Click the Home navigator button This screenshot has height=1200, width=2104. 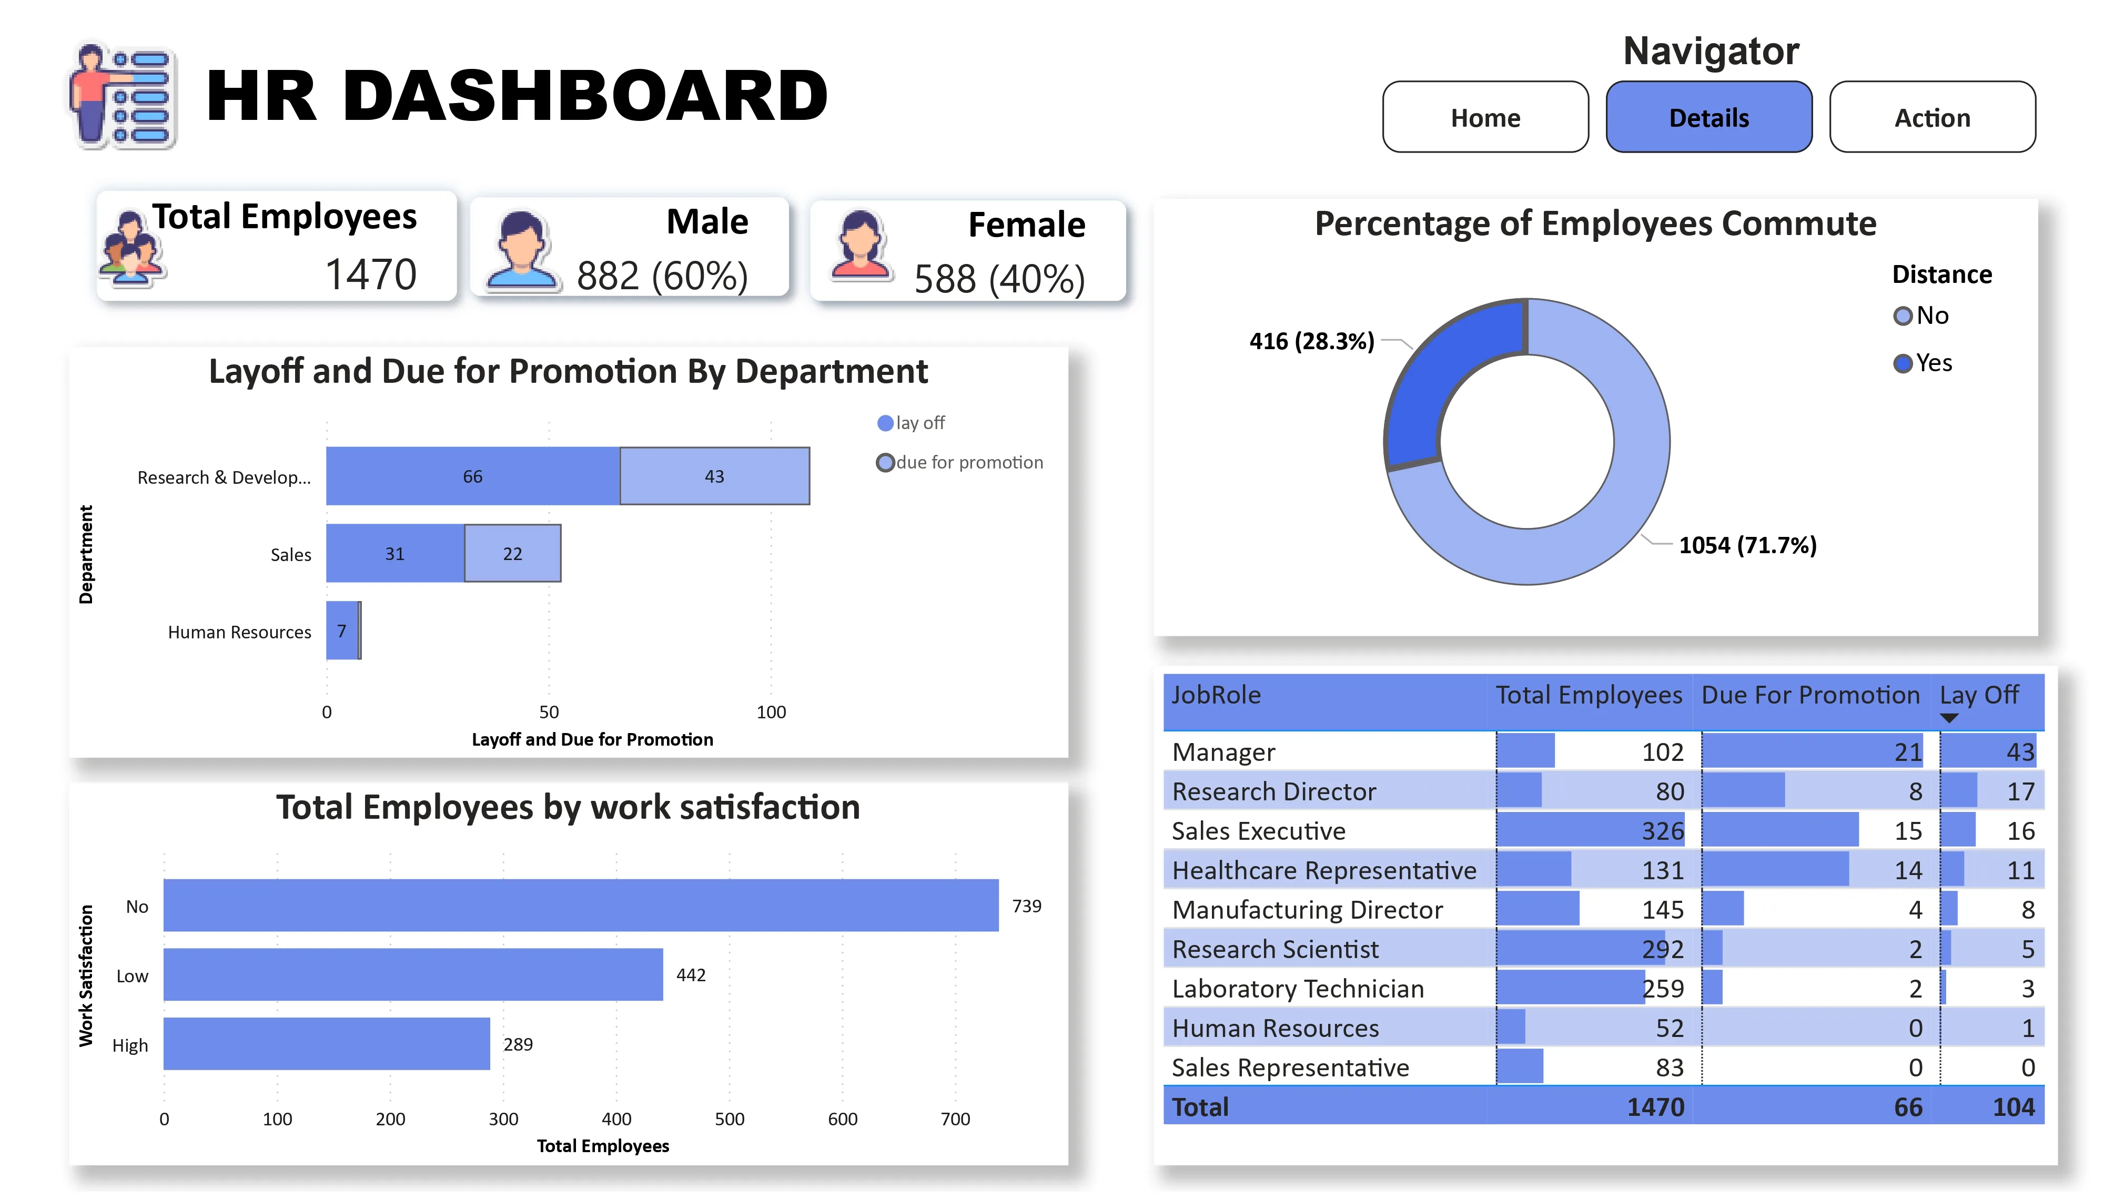pyautogui.click(x=1484, y=117)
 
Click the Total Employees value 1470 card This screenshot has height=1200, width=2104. pyautogui.click(x=370, y=273)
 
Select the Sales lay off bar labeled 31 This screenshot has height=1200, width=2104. pyautogui.click(x=394, y=554)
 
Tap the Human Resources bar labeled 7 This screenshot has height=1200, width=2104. pyautogui.click(x=341, y=630)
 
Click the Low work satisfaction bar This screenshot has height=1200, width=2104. pyautogui.click(x=412, y=974)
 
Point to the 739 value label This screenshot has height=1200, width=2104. pyautogui.click(x=1026, y=906)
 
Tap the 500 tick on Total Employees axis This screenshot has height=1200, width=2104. pyautogui.click(x=729, y=1118)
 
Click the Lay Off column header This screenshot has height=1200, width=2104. pyautogui.click(x=1978, y=695)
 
